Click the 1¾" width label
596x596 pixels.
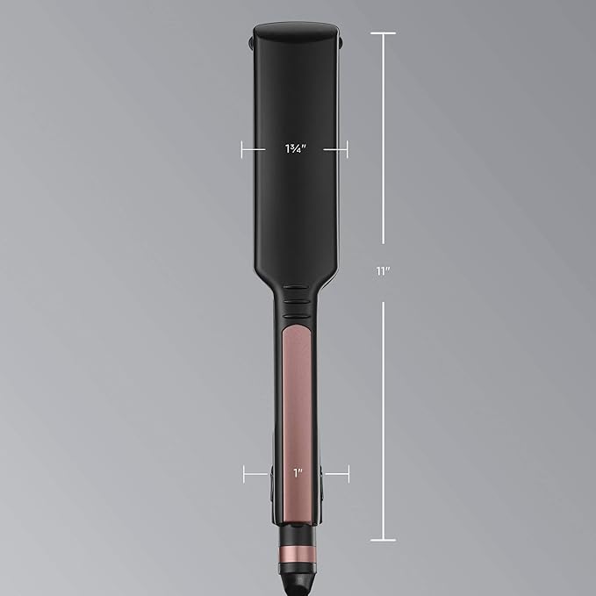point(296,148)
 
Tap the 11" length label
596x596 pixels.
point(384,271)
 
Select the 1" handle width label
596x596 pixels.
point(298,473)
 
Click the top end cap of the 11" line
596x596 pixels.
point(383,33)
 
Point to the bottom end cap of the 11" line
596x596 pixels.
point(383,540)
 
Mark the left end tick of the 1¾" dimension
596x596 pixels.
point(242,149)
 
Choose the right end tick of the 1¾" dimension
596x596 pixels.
point(347,149)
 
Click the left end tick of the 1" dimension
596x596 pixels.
point(244,474)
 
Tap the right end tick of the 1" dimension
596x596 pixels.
point(348,474)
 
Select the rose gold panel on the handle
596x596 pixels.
point(297,422)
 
